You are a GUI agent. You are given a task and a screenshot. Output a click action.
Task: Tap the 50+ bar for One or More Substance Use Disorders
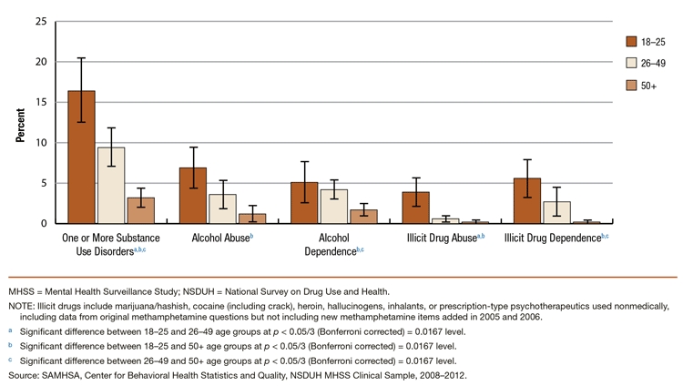tap(140, 210)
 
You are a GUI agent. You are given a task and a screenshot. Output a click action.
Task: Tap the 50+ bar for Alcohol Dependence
tap(363, 217)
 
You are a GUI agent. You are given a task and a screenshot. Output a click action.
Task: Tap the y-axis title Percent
tap(18, 123)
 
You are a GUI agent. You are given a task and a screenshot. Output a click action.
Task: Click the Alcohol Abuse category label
tap(222, 238)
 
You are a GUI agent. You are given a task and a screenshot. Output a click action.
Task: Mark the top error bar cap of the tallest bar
tap(81, 58)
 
